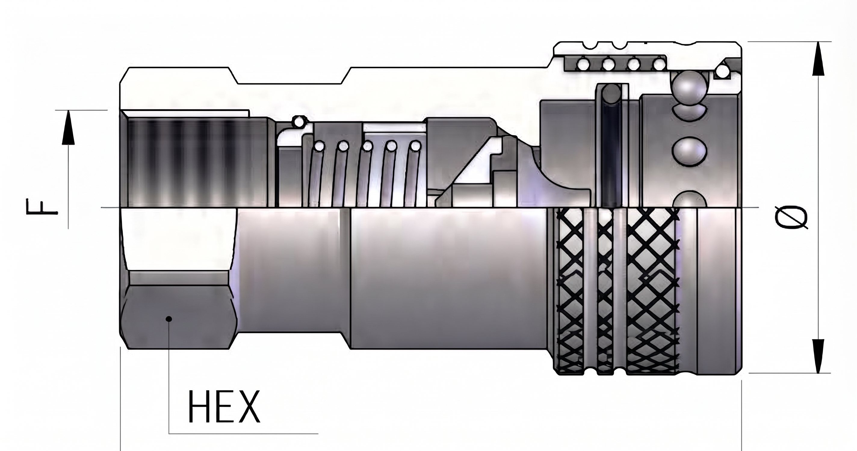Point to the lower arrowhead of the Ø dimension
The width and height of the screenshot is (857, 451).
tap(819, 356)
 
